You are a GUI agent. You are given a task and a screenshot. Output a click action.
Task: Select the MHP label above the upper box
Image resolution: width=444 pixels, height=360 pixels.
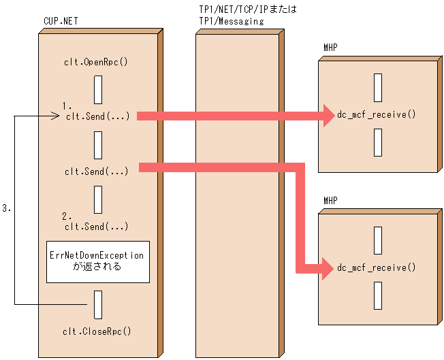[330, 47]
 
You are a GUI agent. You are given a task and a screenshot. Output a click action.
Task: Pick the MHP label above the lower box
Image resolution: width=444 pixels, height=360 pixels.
[330, 201]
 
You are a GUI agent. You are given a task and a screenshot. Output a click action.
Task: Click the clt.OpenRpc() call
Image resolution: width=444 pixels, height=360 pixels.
[97, 63]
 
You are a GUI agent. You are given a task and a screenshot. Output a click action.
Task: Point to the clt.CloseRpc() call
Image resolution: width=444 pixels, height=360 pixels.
[97, 331]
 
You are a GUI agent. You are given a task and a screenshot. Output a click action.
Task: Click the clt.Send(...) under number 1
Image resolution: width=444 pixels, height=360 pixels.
[97, 116]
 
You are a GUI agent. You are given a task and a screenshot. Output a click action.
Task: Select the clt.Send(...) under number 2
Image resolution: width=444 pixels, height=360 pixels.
[97, 227]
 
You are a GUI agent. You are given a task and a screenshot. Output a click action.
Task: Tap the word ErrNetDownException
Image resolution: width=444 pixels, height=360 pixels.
[97, 255]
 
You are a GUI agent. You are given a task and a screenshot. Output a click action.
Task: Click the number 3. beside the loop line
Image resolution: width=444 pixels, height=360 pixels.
[6, 209]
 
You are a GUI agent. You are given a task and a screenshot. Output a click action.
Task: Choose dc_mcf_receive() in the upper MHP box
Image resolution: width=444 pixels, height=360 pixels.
[377, 114]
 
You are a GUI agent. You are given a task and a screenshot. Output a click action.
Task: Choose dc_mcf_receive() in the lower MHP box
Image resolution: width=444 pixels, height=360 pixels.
[377, 267]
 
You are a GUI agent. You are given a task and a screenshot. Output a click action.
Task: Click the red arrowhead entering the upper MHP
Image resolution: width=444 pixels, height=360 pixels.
[325, 116]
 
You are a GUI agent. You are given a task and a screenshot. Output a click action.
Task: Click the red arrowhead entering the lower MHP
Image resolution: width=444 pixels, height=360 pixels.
[325, 267]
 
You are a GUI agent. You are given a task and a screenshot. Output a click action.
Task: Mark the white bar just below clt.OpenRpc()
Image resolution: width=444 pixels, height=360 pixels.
[98, 88]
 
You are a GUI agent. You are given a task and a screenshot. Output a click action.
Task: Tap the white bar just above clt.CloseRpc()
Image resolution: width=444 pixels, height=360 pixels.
[98, 304]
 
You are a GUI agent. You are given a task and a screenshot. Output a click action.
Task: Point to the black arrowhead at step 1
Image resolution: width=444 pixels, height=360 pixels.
[57, 116]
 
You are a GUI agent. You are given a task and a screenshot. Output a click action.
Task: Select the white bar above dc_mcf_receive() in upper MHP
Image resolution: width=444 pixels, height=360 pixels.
[377, 88]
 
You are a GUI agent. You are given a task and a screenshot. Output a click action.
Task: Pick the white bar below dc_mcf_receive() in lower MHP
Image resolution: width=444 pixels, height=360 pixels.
[377, 295]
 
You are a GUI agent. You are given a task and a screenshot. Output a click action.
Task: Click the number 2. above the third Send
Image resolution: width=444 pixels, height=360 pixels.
[67, 216]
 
